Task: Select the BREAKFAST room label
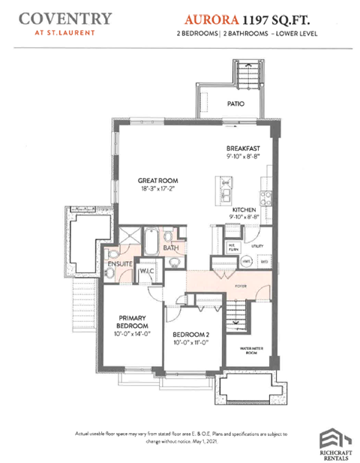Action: click(x=244, y=149)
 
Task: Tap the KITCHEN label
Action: click(x=245, y=209)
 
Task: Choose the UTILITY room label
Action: click(x=257, y=245)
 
